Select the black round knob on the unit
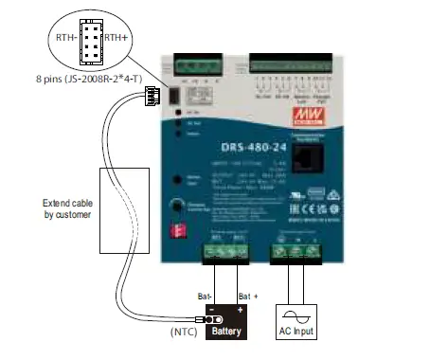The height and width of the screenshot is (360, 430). point(177,207)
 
